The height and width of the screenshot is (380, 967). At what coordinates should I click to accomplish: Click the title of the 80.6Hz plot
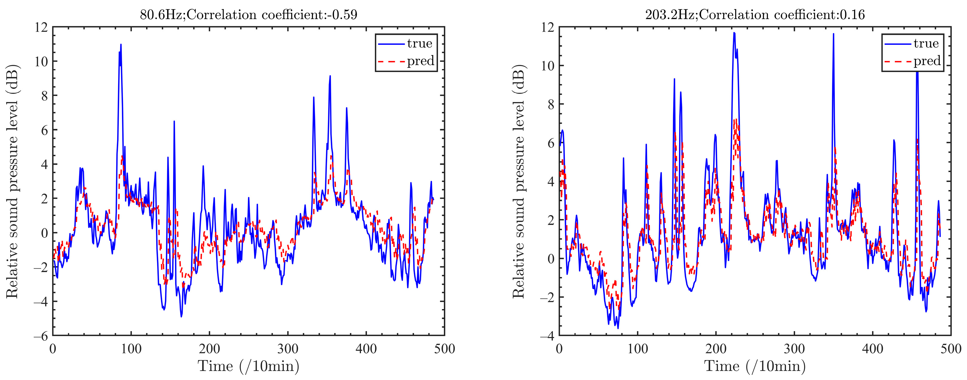(x=249, y=15)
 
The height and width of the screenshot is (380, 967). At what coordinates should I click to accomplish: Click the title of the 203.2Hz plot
(x=755, y=15)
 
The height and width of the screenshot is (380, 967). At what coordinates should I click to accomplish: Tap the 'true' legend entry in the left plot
(x=419, y=44)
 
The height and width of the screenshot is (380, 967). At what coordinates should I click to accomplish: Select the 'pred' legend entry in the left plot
(x=420, y=61)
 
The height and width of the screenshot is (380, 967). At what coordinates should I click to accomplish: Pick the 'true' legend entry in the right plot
(x=926, y=44)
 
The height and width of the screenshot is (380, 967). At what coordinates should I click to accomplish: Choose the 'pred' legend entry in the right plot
(x=926, y=61)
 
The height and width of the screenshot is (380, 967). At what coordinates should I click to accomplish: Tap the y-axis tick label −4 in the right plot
(x=547, y=336)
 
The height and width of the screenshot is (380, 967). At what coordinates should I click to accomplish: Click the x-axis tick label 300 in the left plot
(x=288, y=349)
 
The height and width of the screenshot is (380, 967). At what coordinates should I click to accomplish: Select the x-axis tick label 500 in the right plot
(x=950, y=349)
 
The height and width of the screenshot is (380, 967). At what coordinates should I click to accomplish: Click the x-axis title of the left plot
(x=249, y=366)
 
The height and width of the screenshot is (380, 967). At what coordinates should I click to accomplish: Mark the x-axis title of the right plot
(x=755, y=366)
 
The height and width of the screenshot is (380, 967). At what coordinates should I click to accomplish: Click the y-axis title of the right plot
(x=519, y=181)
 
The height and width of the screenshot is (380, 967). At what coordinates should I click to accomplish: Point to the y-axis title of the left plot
(x=12, y=181)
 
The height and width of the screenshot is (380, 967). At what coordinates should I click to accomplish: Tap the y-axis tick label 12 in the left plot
(x=41, y=27)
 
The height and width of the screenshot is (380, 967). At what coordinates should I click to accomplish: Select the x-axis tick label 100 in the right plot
(x=638, y=349)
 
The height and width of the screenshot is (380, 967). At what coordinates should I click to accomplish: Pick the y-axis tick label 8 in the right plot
(x=551, y=104)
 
